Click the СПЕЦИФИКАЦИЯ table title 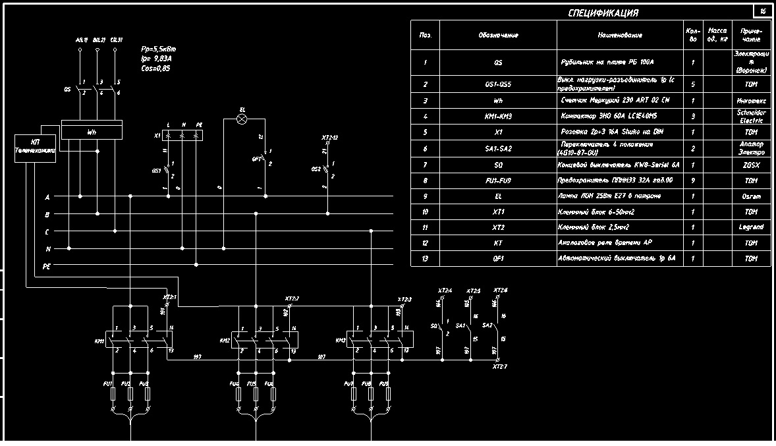point(603,13)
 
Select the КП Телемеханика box point(36,146)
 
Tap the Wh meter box point(92,132)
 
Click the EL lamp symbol point(242,119)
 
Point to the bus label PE point(47,266)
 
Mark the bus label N point(47,249)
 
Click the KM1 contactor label point(100,341)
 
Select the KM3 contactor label point(341,341)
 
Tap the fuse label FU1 point(109,383)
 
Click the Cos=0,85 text point(155,68)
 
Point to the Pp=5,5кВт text point(158,49)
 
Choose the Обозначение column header point(498,35)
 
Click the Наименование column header point(620,35)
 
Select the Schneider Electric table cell point(751,117)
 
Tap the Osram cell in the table point(751,196)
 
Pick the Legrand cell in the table point(751,227)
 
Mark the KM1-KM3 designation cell point(498,116)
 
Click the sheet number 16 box point(763,11)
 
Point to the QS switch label point(67,88)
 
